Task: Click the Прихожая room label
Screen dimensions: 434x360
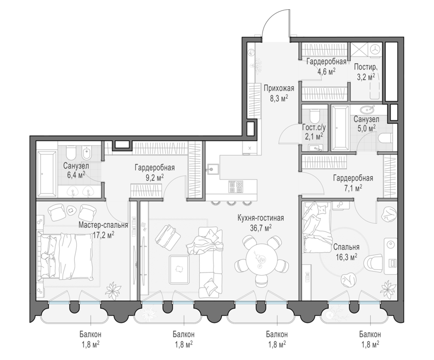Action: pos(279,88)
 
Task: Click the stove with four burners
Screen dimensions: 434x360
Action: pos(236,186)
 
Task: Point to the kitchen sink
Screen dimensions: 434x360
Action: pos(213,168)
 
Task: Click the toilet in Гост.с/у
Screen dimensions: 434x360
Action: pos(315,116)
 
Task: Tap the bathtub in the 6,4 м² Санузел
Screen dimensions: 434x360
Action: pos(47,174)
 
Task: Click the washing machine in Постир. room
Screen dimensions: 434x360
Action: pos(375,49)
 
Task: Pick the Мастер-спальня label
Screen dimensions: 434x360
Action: pos(103,225)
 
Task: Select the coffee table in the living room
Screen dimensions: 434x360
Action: pos(179,269)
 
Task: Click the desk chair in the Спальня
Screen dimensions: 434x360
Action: pos(373,262)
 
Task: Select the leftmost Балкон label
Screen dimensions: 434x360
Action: pos(91,334)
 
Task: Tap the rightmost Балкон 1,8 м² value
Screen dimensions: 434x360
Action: pos(370,345)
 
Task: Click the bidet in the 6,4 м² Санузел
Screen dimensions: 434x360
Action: pos(87,154)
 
